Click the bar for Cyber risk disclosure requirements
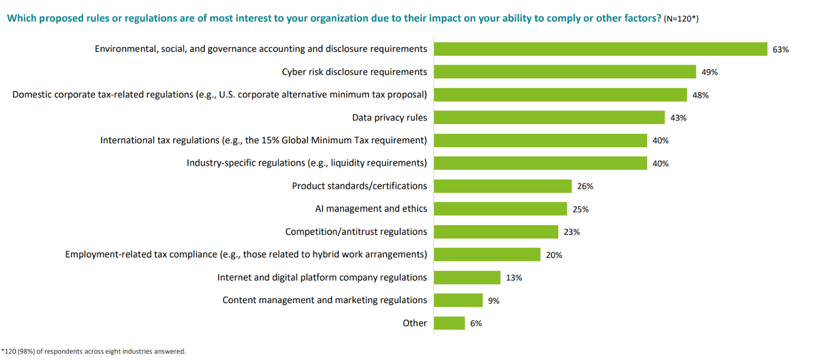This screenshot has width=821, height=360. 564,72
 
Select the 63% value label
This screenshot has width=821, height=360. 780,49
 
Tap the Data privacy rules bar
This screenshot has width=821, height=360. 549,117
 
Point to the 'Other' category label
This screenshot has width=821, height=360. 415,323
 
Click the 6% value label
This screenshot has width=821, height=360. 476,324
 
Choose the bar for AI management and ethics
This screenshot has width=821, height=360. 500,209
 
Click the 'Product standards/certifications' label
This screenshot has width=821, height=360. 359,186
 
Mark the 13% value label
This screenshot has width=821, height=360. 514,278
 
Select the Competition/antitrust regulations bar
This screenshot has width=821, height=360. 496,232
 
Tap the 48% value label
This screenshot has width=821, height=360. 700,95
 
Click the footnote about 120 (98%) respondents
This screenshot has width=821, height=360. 93,352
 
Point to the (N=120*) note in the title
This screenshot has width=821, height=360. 681,19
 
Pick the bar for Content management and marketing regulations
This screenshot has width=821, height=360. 458,300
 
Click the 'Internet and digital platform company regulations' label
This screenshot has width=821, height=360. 322,277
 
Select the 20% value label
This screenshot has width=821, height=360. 554,255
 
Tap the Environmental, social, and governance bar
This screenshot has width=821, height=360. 600,49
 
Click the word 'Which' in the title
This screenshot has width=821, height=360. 22,18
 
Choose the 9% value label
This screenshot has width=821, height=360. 494,301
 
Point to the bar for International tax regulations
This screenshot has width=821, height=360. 540,141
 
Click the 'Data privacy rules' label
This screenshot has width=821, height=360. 389,118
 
